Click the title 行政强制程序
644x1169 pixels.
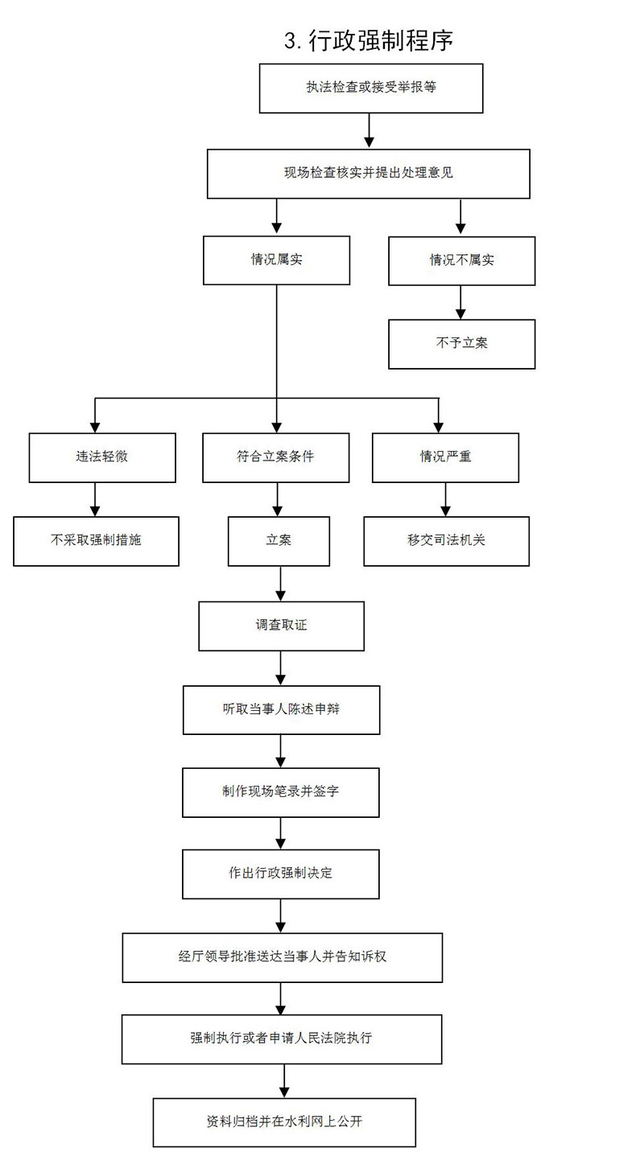369,41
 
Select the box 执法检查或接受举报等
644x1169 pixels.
371,88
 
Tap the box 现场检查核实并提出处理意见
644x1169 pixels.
369,173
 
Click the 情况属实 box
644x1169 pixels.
276,260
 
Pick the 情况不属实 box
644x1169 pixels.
461,261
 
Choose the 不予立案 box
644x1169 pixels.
461,344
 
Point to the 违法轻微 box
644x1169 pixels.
102,457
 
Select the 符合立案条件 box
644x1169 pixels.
276,457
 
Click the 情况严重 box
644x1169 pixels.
445,457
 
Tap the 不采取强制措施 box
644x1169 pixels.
96,541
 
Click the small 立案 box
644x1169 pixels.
279,541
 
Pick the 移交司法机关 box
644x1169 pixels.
446,541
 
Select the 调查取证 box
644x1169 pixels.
281,626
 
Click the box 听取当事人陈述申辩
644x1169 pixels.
281,709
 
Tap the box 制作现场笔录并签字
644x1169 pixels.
281,792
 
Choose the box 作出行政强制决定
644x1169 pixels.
281,874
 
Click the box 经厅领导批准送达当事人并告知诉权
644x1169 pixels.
283,957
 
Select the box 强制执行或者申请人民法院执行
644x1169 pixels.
282,1039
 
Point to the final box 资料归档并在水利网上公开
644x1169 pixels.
284,1122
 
